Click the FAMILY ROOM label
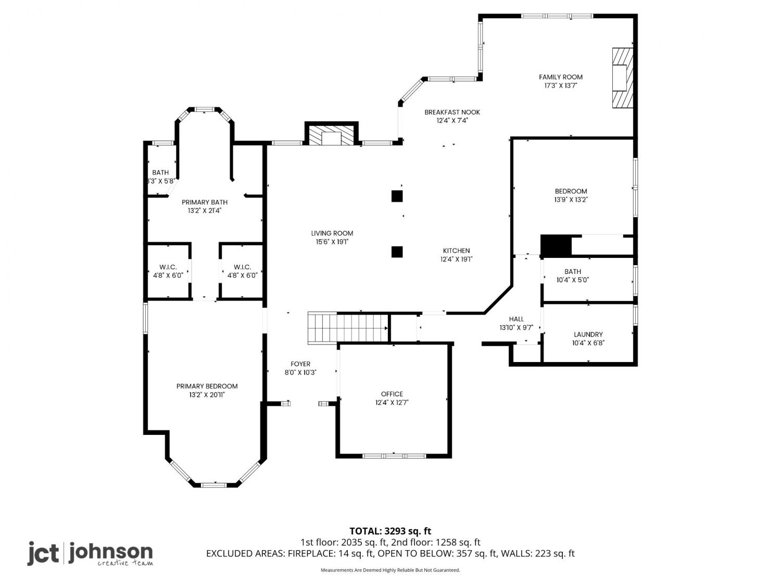560,77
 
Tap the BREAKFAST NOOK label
452,112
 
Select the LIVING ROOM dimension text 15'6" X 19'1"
332,242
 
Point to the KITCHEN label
456,251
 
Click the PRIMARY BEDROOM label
207,386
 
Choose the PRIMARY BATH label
205,202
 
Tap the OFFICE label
392,394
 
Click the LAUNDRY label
588,334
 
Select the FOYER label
300,364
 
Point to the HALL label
517,319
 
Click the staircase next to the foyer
348,328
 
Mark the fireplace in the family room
622,78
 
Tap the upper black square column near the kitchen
397,196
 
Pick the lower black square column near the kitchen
397,252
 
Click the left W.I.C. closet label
168,267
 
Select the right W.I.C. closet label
242,267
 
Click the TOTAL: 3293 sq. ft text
391,531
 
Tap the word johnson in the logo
111,553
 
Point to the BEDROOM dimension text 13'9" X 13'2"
571,200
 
